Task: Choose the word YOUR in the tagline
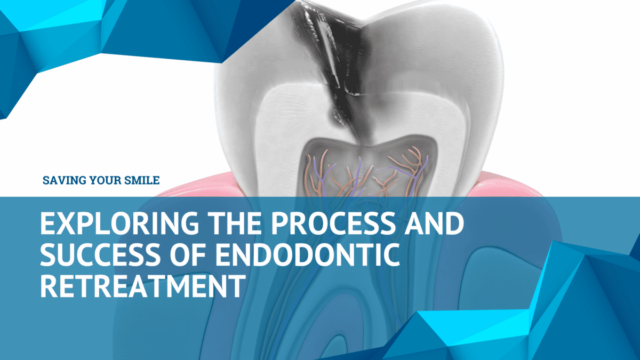[103, 181]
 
